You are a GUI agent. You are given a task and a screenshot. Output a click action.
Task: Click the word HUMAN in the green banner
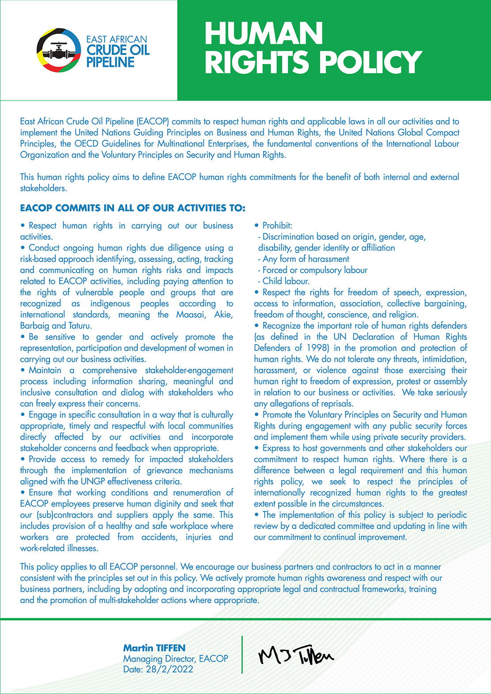point(264,34)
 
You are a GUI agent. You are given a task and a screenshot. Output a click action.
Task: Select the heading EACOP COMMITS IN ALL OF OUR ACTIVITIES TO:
point(132,208)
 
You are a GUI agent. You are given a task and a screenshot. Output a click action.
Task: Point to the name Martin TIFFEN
point(154,648)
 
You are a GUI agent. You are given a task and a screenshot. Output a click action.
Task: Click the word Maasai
point(193,315)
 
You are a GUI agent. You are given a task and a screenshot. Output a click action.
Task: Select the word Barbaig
point(34,326)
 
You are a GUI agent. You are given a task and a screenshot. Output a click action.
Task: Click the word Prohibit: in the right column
point(277,225)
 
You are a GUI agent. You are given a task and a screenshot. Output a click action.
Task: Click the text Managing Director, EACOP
point(175,658)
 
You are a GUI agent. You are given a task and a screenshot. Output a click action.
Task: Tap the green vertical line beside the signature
point(242,655)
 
